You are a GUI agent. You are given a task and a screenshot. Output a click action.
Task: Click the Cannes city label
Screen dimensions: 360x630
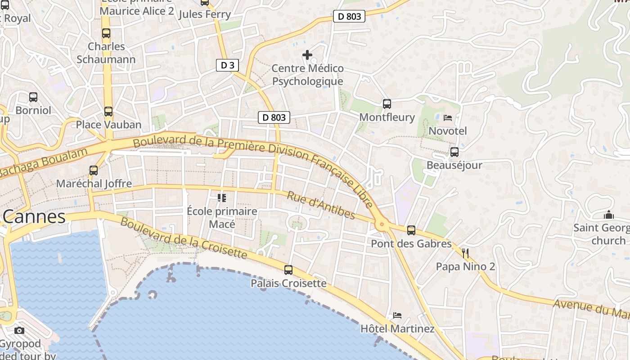pyautogui.click(x=34, y=217)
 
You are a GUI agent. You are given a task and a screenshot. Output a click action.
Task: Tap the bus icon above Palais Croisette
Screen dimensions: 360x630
pyautogui.click(x=288, y=270)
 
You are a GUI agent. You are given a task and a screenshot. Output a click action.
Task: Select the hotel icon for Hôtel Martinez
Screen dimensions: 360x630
pyautogui.click(x=397, y=315)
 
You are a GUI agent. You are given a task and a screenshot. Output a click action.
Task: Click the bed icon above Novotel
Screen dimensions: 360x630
pyautogui.click(x=448, y=118)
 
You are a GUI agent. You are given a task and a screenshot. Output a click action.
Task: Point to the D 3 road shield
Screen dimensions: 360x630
pyautogui.click(x=227, y=65)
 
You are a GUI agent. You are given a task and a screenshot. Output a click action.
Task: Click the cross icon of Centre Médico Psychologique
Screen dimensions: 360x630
pyautogui.click(x=307, y=55)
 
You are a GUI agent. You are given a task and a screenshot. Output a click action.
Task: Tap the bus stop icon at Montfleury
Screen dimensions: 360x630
pyautogui.click(x=387, y=104)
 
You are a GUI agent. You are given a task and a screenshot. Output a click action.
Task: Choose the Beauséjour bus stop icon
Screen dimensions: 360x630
pyautogui.click(x=454, y=152)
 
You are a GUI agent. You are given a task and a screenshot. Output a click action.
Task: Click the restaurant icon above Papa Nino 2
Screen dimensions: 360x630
pyautogui.click(x=465, y=253)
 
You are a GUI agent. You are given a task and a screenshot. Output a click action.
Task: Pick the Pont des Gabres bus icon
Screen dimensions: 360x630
pyautogui.click(x=411, y=230)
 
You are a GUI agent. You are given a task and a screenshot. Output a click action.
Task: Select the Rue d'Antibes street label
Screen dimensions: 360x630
pyautogui.click(x=321, y=206)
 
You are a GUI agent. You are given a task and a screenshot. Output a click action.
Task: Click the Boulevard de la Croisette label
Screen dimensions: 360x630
pyautogui.click(x=184, y=238)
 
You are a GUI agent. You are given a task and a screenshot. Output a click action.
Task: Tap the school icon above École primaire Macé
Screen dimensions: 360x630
pyautogui.click(x=221, y=198)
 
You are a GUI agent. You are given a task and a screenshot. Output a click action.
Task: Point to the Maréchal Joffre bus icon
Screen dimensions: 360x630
pyautogui.click(x=94, y=171)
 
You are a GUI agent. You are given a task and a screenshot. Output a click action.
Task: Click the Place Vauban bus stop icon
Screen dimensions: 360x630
pyautogui.click(x=108, y=112)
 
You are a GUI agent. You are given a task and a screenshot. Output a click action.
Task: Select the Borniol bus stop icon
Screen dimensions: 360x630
pyautogui.click(x=33, y=97)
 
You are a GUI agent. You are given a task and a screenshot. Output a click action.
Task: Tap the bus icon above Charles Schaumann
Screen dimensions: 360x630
pyautogui.click(x=106, y=33)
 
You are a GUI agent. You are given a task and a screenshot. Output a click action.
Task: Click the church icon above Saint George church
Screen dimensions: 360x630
pyautogui.click(x=609, y=215)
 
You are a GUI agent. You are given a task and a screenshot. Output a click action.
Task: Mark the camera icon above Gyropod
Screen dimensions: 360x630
pyautogui.click(x=19, y=331)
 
